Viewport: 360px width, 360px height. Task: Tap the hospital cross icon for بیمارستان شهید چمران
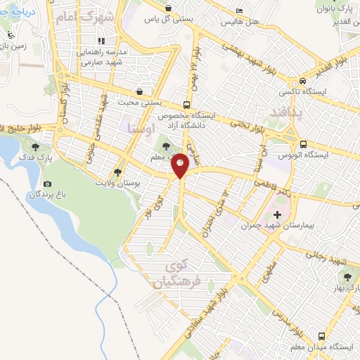point(277,214)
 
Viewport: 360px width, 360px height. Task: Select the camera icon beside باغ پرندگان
point(47,184)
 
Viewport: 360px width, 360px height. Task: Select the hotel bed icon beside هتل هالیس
point(239,11)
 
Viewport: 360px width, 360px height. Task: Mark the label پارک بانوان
point(330,10)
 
